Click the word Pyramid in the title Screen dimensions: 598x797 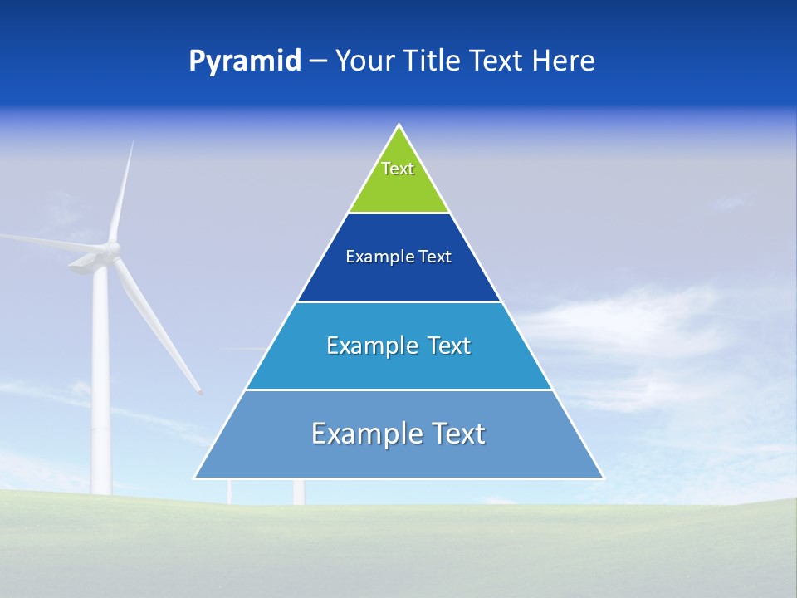pos(244,62)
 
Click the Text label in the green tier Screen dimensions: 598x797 pos(398,169)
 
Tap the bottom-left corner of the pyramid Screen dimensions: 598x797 pos(195,478)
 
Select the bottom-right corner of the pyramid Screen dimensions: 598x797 pos(604,478)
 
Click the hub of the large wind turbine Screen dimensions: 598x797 pos(110,249)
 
